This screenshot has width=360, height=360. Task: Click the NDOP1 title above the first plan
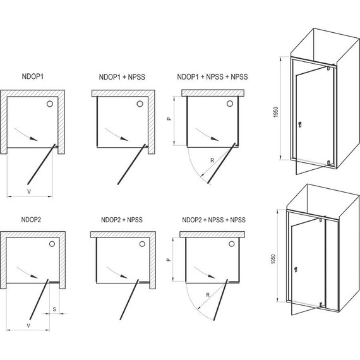click(33, 76)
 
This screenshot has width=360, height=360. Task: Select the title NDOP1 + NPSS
click(122, 77)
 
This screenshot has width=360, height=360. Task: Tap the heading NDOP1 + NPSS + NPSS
click(212, 76)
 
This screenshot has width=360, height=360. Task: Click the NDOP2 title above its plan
click(31, 220)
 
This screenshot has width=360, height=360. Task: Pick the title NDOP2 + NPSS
click(122, 220)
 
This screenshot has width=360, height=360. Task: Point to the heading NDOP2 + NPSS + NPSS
click(213, 220)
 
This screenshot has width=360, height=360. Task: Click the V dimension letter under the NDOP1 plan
click(29, 191)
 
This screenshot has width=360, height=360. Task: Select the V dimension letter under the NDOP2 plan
click(28, 325)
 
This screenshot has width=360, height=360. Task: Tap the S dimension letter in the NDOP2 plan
click(54, 309)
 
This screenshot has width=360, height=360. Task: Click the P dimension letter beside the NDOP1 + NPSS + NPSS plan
click(169, 119)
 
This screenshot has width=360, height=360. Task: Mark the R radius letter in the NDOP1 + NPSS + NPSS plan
click(212, 160)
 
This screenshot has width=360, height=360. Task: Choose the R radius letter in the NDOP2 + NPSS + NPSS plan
click(208, 295)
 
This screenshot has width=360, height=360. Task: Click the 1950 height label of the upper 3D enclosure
click(276, 112)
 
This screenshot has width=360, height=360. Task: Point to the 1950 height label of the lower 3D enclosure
click(273, 259)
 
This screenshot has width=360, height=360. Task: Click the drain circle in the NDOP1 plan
click(50, 104)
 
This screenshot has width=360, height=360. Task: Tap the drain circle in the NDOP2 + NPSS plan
click(142, 244)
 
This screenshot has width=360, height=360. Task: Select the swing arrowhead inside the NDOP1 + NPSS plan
click(124, 139)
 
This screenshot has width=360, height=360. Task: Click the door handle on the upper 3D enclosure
click(299, 124)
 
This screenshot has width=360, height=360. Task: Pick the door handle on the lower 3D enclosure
click(296, 270)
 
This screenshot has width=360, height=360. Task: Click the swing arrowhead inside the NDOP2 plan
click(35, 276)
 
